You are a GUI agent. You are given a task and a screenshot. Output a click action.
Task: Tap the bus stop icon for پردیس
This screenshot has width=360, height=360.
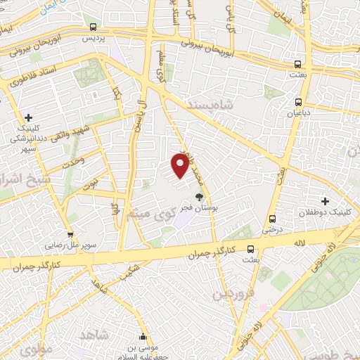pyautogui.click(x=93, y=27)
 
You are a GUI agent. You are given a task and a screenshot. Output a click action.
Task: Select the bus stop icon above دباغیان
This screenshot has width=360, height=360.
pyautogui.click(x=299, y=101)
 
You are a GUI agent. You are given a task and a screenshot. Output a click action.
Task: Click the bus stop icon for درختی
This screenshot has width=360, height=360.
pyautogui.click(x=273, y=219)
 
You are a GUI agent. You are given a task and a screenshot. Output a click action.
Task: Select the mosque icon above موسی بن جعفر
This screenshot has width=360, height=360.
pyautogui.click(x=143, y=336)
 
